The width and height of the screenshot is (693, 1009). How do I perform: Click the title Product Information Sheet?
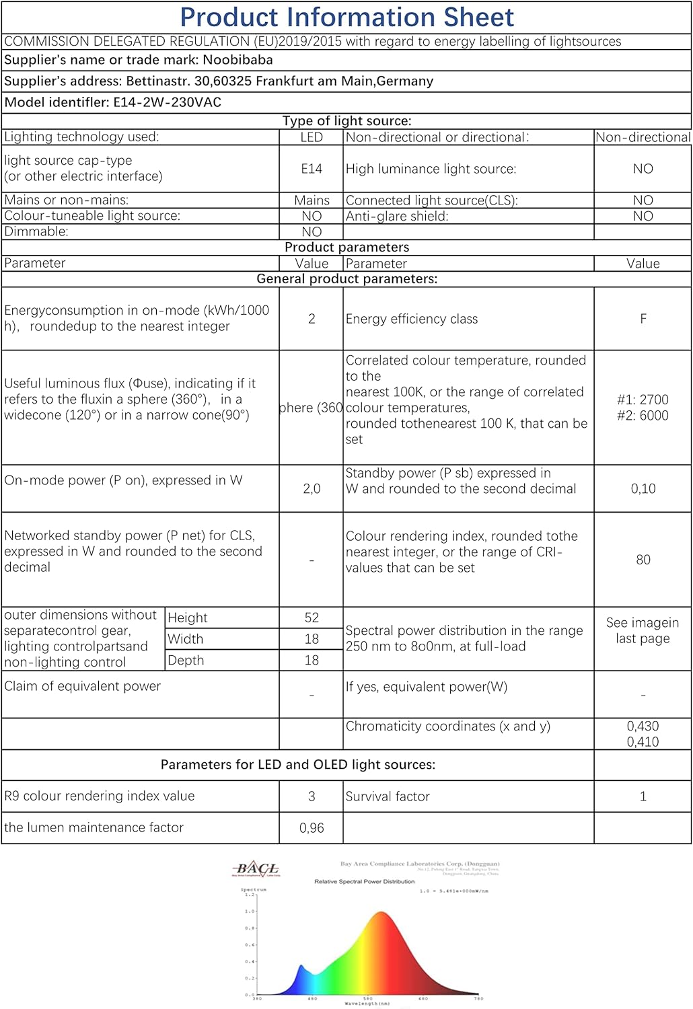tap(346, 17)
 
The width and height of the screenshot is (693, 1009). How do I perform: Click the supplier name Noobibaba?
tap(238, 60)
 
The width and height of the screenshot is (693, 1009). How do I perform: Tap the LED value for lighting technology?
tap(311, 137)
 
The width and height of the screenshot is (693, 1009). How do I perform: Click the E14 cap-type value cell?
tap(311, 169)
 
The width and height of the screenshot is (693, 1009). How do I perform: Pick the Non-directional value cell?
tap(643, 137)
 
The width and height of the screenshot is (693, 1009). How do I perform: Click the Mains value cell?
tap(312, 200)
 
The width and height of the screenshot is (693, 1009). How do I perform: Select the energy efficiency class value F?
tap(643, 319)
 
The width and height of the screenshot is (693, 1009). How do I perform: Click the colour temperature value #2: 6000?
tap(643, 416)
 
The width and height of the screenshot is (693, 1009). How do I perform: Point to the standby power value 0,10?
tap(643, 489)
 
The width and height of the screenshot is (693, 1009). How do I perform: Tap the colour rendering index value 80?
tap(643, 560)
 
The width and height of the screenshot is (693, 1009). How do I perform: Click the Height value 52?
tap(311, 618)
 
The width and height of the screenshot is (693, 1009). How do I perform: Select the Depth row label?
tap(186, 661)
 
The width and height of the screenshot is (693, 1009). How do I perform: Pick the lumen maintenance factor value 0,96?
tap(311, 828)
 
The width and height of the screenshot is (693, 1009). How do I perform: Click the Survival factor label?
tap(388, 796)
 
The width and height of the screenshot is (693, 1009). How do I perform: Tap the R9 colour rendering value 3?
tap(311, 796)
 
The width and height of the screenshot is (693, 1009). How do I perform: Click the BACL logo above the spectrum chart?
tap(256, 869)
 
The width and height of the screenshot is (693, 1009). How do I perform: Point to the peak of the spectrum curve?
tap(381, 913)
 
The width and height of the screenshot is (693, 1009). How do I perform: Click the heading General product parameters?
tap(346, 279)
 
